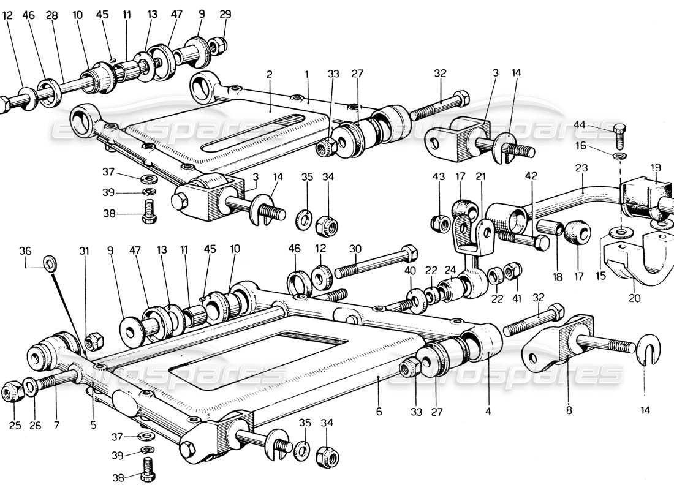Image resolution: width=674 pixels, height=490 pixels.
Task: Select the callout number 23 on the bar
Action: (581, 167)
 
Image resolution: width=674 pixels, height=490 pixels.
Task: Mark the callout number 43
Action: (439, 177)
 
